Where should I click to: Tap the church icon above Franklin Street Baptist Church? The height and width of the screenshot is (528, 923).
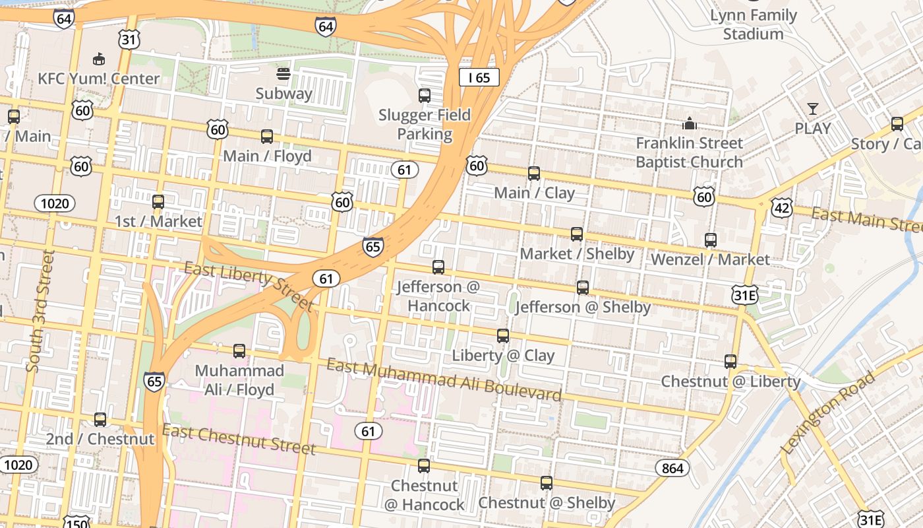coord(689,123)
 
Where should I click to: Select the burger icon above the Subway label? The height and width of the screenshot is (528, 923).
coord(283,74)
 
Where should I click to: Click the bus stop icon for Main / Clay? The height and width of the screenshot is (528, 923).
coord(534,174)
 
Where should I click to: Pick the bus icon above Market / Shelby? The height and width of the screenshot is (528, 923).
coord(577,234)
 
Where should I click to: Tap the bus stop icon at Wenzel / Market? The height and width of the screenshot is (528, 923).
coord(710,240)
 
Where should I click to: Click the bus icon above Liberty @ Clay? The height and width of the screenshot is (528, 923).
coord(503,336)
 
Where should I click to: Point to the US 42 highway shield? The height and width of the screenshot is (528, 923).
coord(782,209)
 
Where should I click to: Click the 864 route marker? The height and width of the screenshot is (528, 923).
coord(672,468)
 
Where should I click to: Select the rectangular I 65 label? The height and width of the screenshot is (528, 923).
coord(479,77)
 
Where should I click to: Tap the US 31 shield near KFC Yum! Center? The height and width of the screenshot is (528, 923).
coord(129,40)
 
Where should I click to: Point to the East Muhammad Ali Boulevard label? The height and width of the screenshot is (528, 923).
coord(444,379)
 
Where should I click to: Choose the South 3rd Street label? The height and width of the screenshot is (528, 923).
coord(40,310)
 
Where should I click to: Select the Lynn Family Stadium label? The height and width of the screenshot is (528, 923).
coord(753,24)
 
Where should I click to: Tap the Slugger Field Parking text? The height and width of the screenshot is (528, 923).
coord(425,124)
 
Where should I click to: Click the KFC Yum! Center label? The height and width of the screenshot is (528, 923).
coord(98,79)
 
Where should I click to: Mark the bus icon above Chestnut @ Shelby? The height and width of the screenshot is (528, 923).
coord(547,483)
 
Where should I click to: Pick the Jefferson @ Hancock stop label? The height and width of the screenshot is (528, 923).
coord(438,296)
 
